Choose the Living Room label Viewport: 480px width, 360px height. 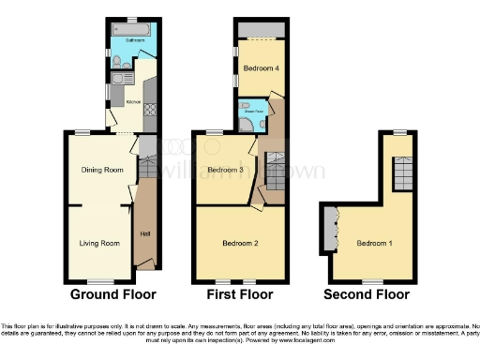tap(98, 244)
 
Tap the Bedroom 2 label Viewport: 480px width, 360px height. tap(240, 244)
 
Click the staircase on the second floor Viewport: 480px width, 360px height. tap(401, 173)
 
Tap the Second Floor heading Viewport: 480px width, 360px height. tap(367, 294)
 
